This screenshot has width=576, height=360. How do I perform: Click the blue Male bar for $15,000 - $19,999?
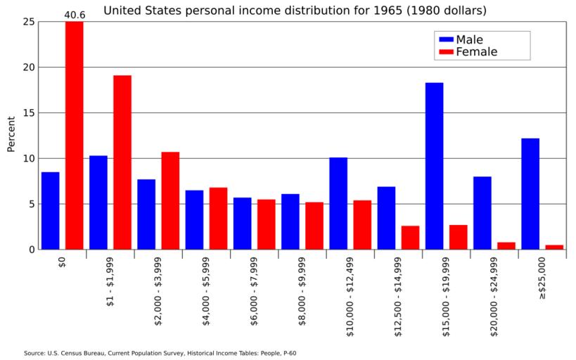click(x=434, y=166)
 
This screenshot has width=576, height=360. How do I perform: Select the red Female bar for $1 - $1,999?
click(x=122, y=162)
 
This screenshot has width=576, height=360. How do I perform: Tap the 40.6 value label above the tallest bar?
click(x=75, y=14)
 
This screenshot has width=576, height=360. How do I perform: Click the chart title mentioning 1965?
click(x=295, y=11)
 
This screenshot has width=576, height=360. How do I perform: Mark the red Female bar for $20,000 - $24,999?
click(x=506, y=245)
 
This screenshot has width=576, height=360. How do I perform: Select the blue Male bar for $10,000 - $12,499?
click(x=338, y=203)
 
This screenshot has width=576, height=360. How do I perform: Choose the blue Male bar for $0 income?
click(x=50, y=210)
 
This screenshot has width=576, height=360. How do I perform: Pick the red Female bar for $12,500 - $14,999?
click(x=410, y=238)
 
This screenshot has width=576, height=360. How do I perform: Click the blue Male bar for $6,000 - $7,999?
click(x=242, y=224)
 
